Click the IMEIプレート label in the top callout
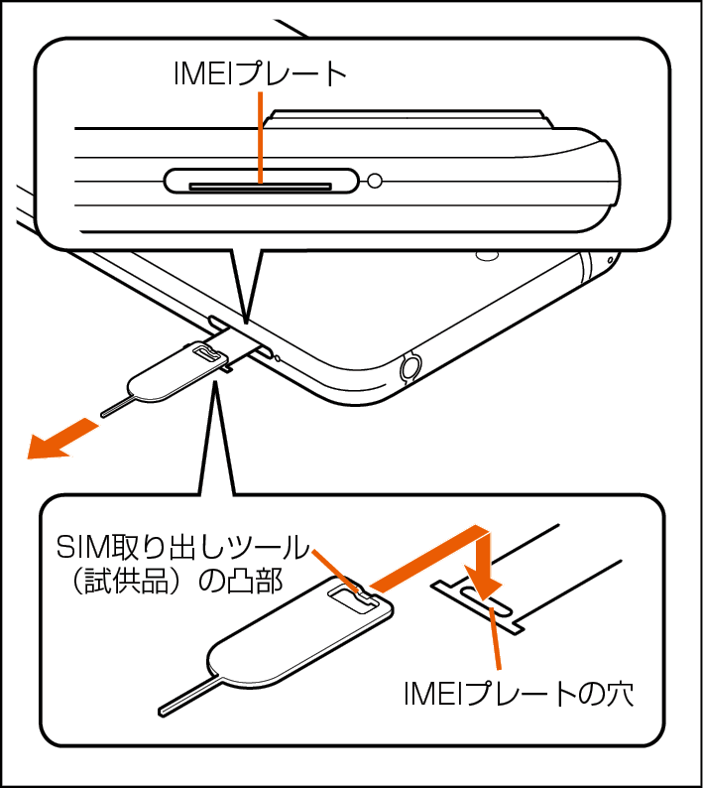tap(260, 74)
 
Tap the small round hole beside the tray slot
tap(375, 181)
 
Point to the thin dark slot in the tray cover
tap(260, 187)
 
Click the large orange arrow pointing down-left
tap(61, 439)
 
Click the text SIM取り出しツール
tap(182, 548)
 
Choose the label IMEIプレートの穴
tap(519, 695)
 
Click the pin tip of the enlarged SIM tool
tap(161, 711)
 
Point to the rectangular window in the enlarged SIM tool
tap(351, 598)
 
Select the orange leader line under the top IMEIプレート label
tap(260, 137)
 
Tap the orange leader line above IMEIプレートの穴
tap(495, 638)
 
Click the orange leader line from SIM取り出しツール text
tap(337, 573)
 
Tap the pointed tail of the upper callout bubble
tap(246, 286)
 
